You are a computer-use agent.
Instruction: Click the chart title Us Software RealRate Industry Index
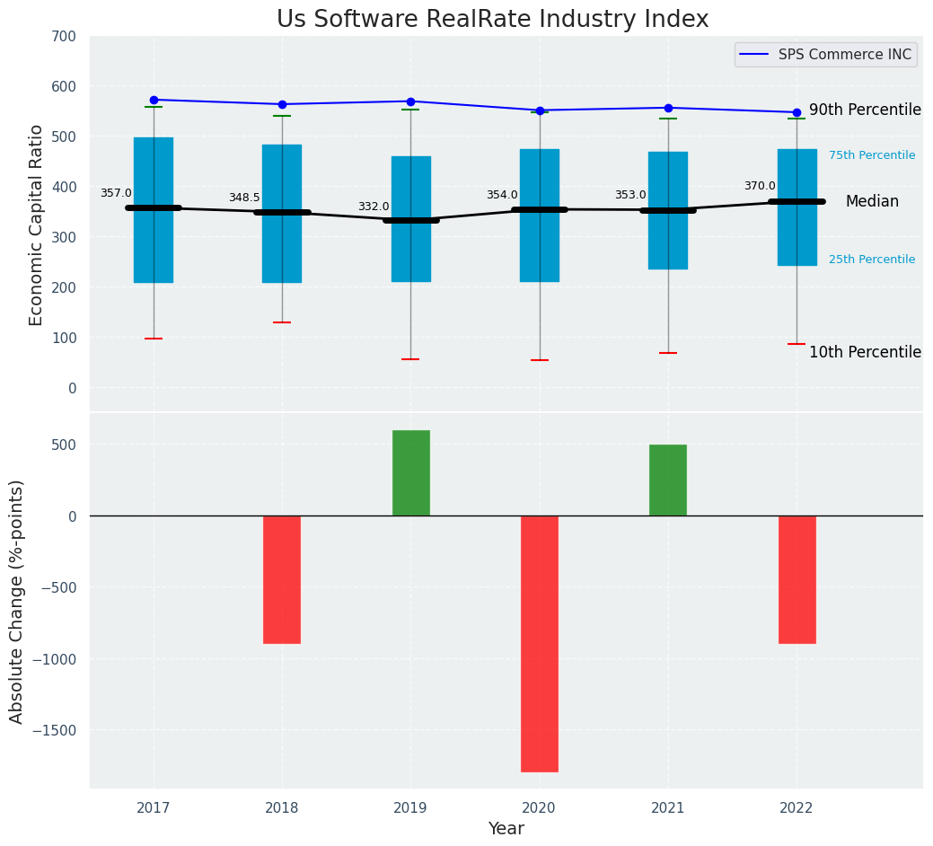(x=492, y=19)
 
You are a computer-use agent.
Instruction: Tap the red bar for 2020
(x=539, y=643)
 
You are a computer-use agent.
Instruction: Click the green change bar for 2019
(x=410, y=472)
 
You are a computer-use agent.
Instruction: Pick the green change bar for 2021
(x=667, y=480)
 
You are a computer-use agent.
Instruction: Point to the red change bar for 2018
(x=282, y=579)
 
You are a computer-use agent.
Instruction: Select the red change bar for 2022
(x=797, y=579)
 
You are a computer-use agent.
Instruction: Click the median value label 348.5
(x=244, y=198)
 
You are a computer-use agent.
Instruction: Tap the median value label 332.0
(x=374, y=207)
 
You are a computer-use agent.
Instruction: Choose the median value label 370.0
(x=760, y=186)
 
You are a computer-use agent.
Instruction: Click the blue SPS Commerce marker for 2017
(x=154, y=100)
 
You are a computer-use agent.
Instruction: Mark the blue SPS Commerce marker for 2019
(x=410, y=101)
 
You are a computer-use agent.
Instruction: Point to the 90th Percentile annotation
(x=865, y=110)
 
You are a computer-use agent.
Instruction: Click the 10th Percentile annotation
(x=865, y=352)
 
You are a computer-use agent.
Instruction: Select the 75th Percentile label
(x=872, y=155)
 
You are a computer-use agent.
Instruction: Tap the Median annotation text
(x=872, y=201)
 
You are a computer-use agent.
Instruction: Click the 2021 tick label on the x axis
(x=667, y=808)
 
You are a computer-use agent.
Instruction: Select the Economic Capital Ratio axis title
(x=37, y=225)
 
